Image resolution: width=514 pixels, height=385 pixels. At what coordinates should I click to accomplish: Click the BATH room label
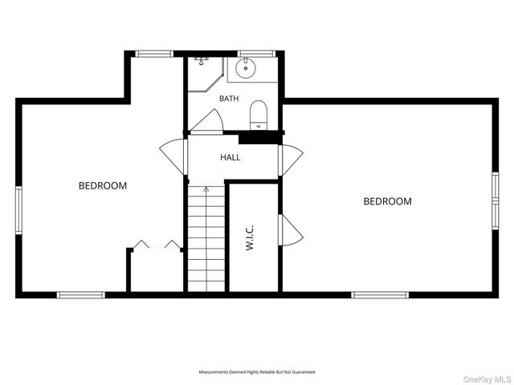229,98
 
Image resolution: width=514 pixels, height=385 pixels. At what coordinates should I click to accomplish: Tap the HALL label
230,157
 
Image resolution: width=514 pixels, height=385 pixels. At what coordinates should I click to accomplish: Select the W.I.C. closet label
250,237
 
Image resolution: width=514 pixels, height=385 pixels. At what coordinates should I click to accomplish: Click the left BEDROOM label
103,185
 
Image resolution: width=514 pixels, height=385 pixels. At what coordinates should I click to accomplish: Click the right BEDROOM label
387,201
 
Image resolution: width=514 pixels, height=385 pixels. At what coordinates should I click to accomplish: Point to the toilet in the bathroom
259,115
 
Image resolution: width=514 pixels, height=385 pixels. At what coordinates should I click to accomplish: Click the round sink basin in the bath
246,67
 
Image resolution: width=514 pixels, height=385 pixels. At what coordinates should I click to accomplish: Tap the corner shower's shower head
202,61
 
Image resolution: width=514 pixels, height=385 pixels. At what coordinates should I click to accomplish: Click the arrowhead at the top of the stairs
206,189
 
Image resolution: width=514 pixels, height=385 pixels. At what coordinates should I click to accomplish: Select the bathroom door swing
207,121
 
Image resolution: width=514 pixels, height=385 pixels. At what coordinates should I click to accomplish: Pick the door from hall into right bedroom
291,160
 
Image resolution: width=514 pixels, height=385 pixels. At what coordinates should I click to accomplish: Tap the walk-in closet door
291,230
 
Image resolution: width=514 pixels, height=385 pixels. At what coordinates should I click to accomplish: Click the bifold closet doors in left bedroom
157,245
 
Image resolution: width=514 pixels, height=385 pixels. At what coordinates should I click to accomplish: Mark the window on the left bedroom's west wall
18,210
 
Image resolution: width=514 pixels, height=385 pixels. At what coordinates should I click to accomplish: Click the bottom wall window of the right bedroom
380,295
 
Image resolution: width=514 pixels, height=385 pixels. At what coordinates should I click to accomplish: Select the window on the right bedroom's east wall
495,201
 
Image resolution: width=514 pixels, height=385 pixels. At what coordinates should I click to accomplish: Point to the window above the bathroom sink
256,54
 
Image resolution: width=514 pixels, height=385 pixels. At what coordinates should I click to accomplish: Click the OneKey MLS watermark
487,379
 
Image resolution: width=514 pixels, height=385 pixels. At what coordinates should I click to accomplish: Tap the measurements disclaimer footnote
257,372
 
